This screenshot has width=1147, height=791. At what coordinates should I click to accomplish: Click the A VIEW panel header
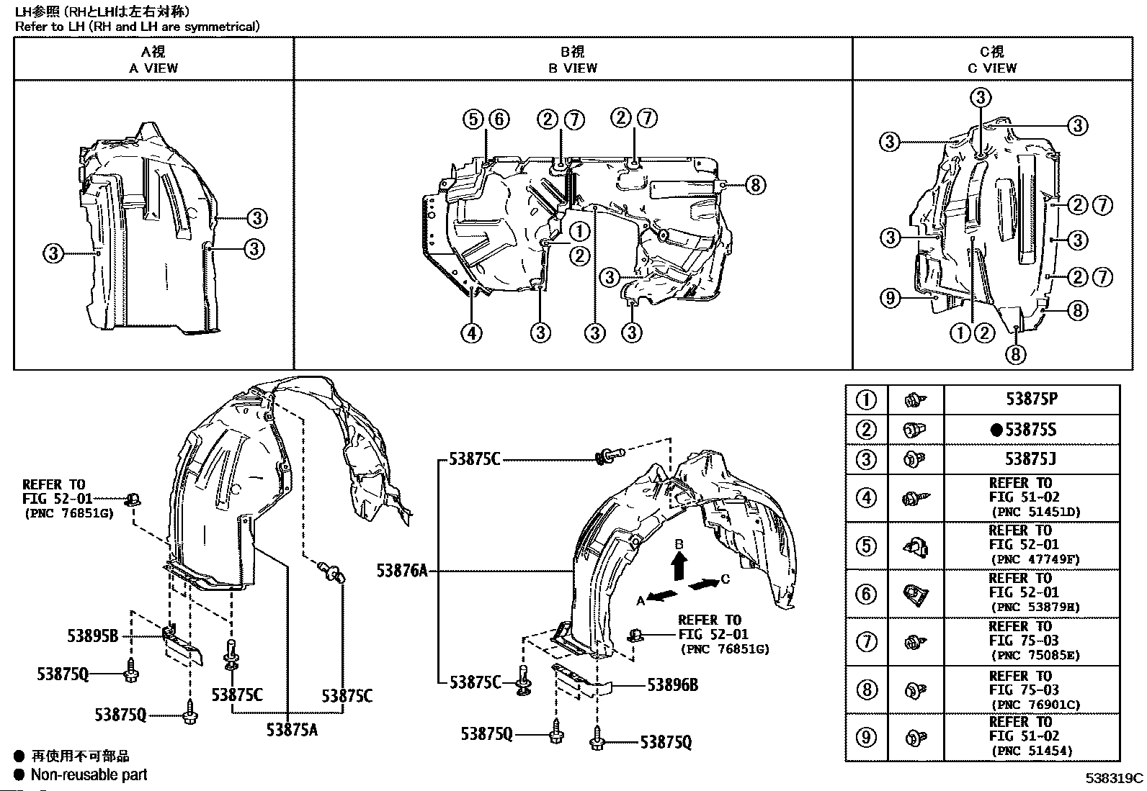click(153, 60)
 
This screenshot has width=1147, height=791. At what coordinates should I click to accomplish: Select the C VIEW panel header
click(992, 60)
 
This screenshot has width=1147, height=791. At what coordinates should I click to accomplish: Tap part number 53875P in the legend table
click(1031, 399)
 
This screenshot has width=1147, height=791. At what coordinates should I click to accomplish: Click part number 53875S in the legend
click(1031, 430)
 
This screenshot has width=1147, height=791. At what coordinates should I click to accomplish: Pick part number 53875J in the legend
click(1031, 459)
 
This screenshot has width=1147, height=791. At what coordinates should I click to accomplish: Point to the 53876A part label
click(402, 571)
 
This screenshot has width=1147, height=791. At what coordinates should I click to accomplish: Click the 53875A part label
click(292, 729)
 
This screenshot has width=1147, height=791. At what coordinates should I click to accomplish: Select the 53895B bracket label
click(93, 636)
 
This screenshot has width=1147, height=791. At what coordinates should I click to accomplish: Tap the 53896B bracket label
click(672, 684)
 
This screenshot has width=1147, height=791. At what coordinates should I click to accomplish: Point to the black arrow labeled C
click(705, 583)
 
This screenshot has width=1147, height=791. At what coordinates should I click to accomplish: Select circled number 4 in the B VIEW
click(472, 333)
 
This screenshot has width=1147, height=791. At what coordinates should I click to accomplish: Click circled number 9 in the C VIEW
click(891, 297)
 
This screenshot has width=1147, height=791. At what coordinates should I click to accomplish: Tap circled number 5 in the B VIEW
click(473, 119)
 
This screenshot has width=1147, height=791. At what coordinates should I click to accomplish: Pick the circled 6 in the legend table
click(866, 594)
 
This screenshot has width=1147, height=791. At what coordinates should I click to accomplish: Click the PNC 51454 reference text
click(1032, 751)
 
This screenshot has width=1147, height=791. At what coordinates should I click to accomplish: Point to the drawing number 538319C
click(1115, 778)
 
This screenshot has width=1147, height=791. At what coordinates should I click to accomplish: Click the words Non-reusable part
click(89, 774)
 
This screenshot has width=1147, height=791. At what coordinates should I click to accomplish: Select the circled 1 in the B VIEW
click(579, 231)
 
